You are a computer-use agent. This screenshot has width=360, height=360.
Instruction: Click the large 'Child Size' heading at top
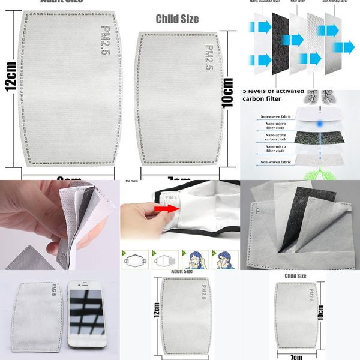tap(177, 19)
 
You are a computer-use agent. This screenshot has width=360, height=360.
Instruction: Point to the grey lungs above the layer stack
tap(314, 97)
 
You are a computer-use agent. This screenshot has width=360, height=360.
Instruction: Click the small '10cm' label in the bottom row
tap(321, 313)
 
